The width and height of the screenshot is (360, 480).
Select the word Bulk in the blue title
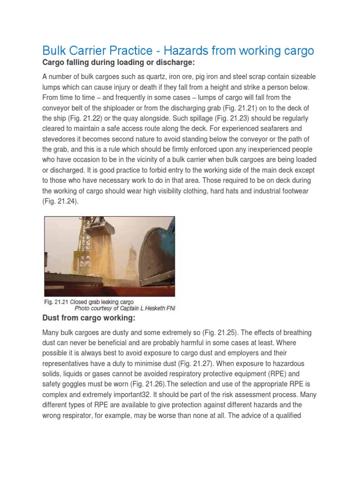55,51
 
